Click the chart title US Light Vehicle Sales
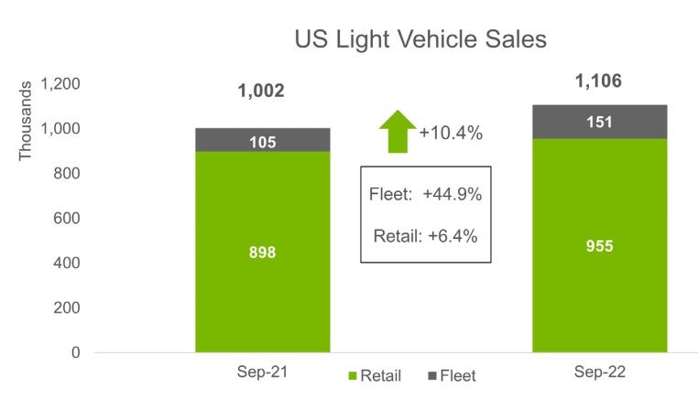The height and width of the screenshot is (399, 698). (420, 39)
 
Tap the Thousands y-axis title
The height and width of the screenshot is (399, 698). (26, 120)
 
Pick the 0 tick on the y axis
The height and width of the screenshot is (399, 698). (76, 352)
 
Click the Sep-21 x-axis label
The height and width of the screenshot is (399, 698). (262, 373)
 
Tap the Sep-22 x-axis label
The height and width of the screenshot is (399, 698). (599, 373)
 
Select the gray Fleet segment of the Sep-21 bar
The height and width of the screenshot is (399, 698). (263, 139)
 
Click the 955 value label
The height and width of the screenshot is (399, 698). (599, 245)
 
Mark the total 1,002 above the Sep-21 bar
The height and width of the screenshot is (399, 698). (261, 91)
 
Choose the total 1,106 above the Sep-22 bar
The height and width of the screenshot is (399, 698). (598, 81)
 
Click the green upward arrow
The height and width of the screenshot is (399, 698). (397, 131)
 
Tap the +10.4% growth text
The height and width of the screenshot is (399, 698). (451, 134)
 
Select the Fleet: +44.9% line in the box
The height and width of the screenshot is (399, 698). (425, 195)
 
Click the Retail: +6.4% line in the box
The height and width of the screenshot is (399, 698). (425, 236)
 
